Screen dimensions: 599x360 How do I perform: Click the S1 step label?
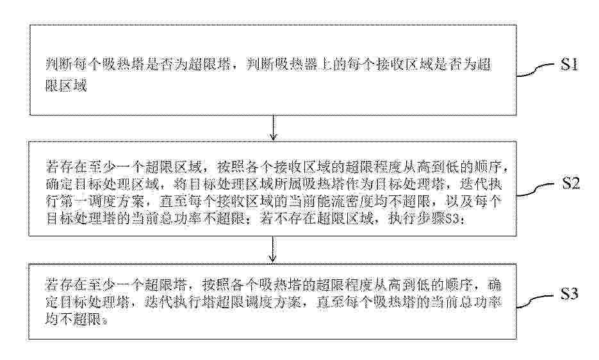click(569, 65)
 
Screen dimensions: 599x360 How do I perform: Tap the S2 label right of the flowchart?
click(570, 184)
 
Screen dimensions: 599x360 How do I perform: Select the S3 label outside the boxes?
click(569, 293)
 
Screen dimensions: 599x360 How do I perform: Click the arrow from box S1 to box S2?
click(273, 127)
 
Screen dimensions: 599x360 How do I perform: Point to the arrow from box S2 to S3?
click(272, 249)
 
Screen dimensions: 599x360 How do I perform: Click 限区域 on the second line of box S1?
click(66, 86)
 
